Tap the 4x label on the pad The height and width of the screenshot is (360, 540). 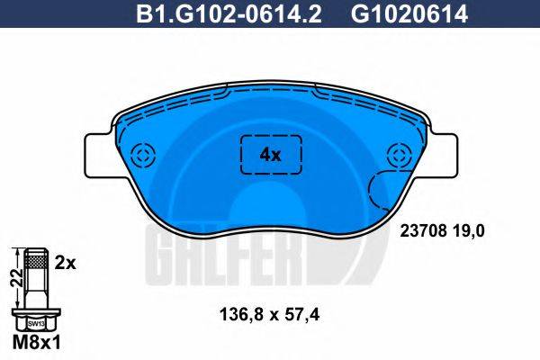tap(270, 154)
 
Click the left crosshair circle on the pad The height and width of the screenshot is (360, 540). tap(142, 154)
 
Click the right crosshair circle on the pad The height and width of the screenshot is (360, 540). tap(398, 154)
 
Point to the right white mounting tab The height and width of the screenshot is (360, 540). tap(444, 154)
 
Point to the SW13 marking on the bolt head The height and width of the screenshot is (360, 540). tap(35, 322)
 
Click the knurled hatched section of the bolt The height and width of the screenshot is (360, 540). tap(35, 262)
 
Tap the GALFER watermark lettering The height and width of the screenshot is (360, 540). tap(243, 245)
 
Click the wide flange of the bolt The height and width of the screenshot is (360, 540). tap(35, 310)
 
